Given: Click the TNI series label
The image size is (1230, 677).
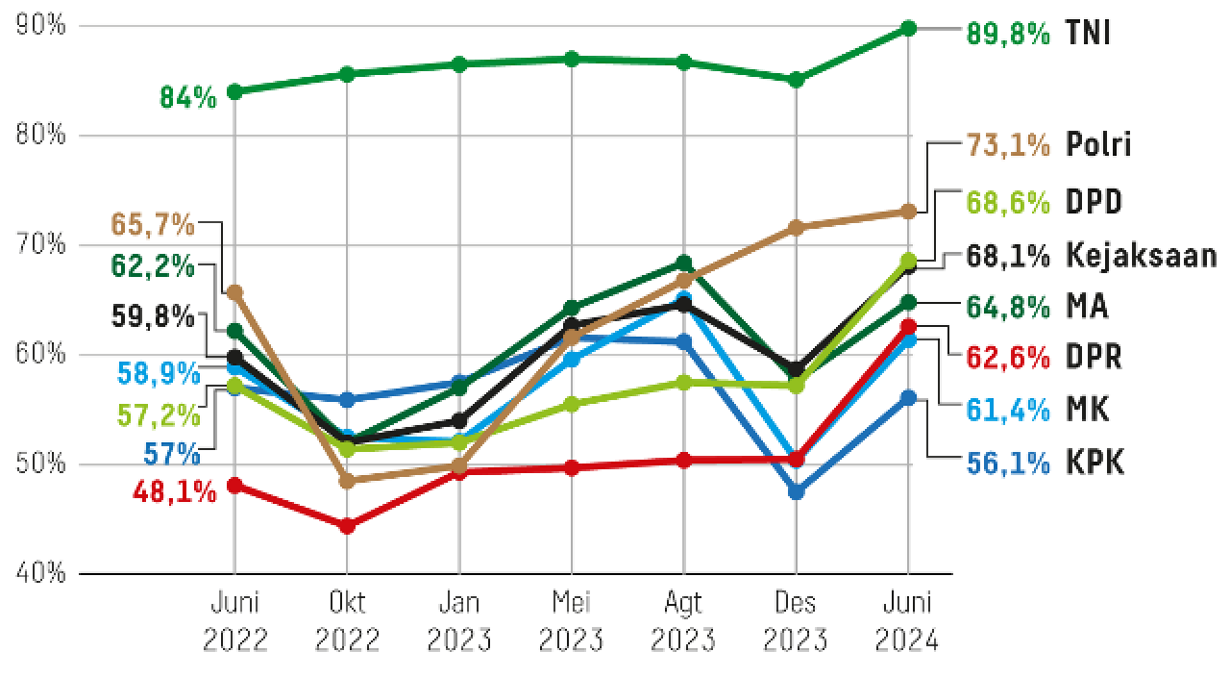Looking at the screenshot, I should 1088,34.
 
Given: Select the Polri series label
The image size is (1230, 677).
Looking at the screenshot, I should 1098,144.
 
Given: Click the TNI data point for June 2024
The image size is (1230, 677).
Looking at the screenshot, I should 908,28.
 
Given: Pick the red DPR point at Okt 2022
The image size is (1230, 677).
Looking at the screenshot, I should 347,526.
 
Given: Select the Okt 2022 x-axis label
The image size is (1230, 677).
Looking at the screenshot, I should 347,621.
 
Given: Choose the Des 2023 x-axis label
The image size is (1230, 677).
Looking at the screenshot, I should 796,621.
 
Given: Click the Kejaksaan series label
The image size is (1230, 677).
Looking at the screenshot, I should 1142,256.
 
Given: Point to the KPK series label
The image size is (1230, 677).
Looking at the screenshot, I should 1095,464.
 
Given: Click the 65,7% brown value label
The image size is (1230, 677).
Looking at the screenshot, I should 153,225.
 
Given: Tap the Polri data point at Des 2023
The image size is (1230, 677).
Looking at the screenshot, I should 796,228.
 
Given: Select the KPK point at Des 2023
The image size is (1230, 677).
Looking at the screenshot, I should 796,491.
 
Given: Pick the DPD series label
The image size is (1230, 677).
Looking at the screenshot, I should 1095,202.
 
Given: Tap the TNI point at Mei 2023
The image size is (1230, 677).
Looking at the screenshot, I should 572,59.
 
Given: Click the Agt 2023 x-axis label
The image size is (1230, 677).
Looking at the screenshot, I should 683,621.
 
